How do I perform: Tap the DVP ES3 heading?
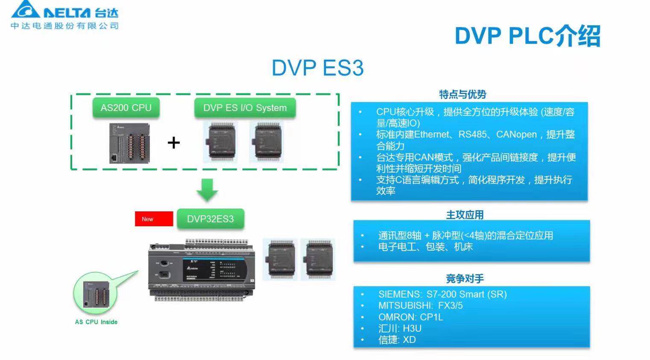(x=317, y=68)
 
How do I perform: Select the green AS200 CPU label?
(x=126, y=108)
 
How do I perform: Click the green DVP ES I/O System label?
(x=245, y=108)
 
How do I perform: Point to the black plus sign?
(x=173, y=143)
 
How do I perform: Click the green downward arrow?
(x=207, y=190)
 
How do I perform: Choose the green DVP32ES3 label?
(x=210, y=219)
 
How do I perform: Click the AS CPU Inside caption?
(x=96, y=322)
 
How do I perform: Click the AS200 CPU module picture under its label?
(x=129, y=143)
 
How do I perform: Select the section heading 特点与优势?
(x=463, y=94)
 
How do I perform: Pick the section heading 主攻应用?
(x=465, y=214)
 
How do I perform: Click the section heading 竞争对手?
(x=465, y=279)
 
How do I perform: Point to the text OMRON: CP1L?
(x=410, y=317)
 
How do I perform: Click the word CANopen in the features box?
(x=516, y=135)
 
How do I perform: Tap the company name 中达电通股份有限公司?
(x=64, y=26)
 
